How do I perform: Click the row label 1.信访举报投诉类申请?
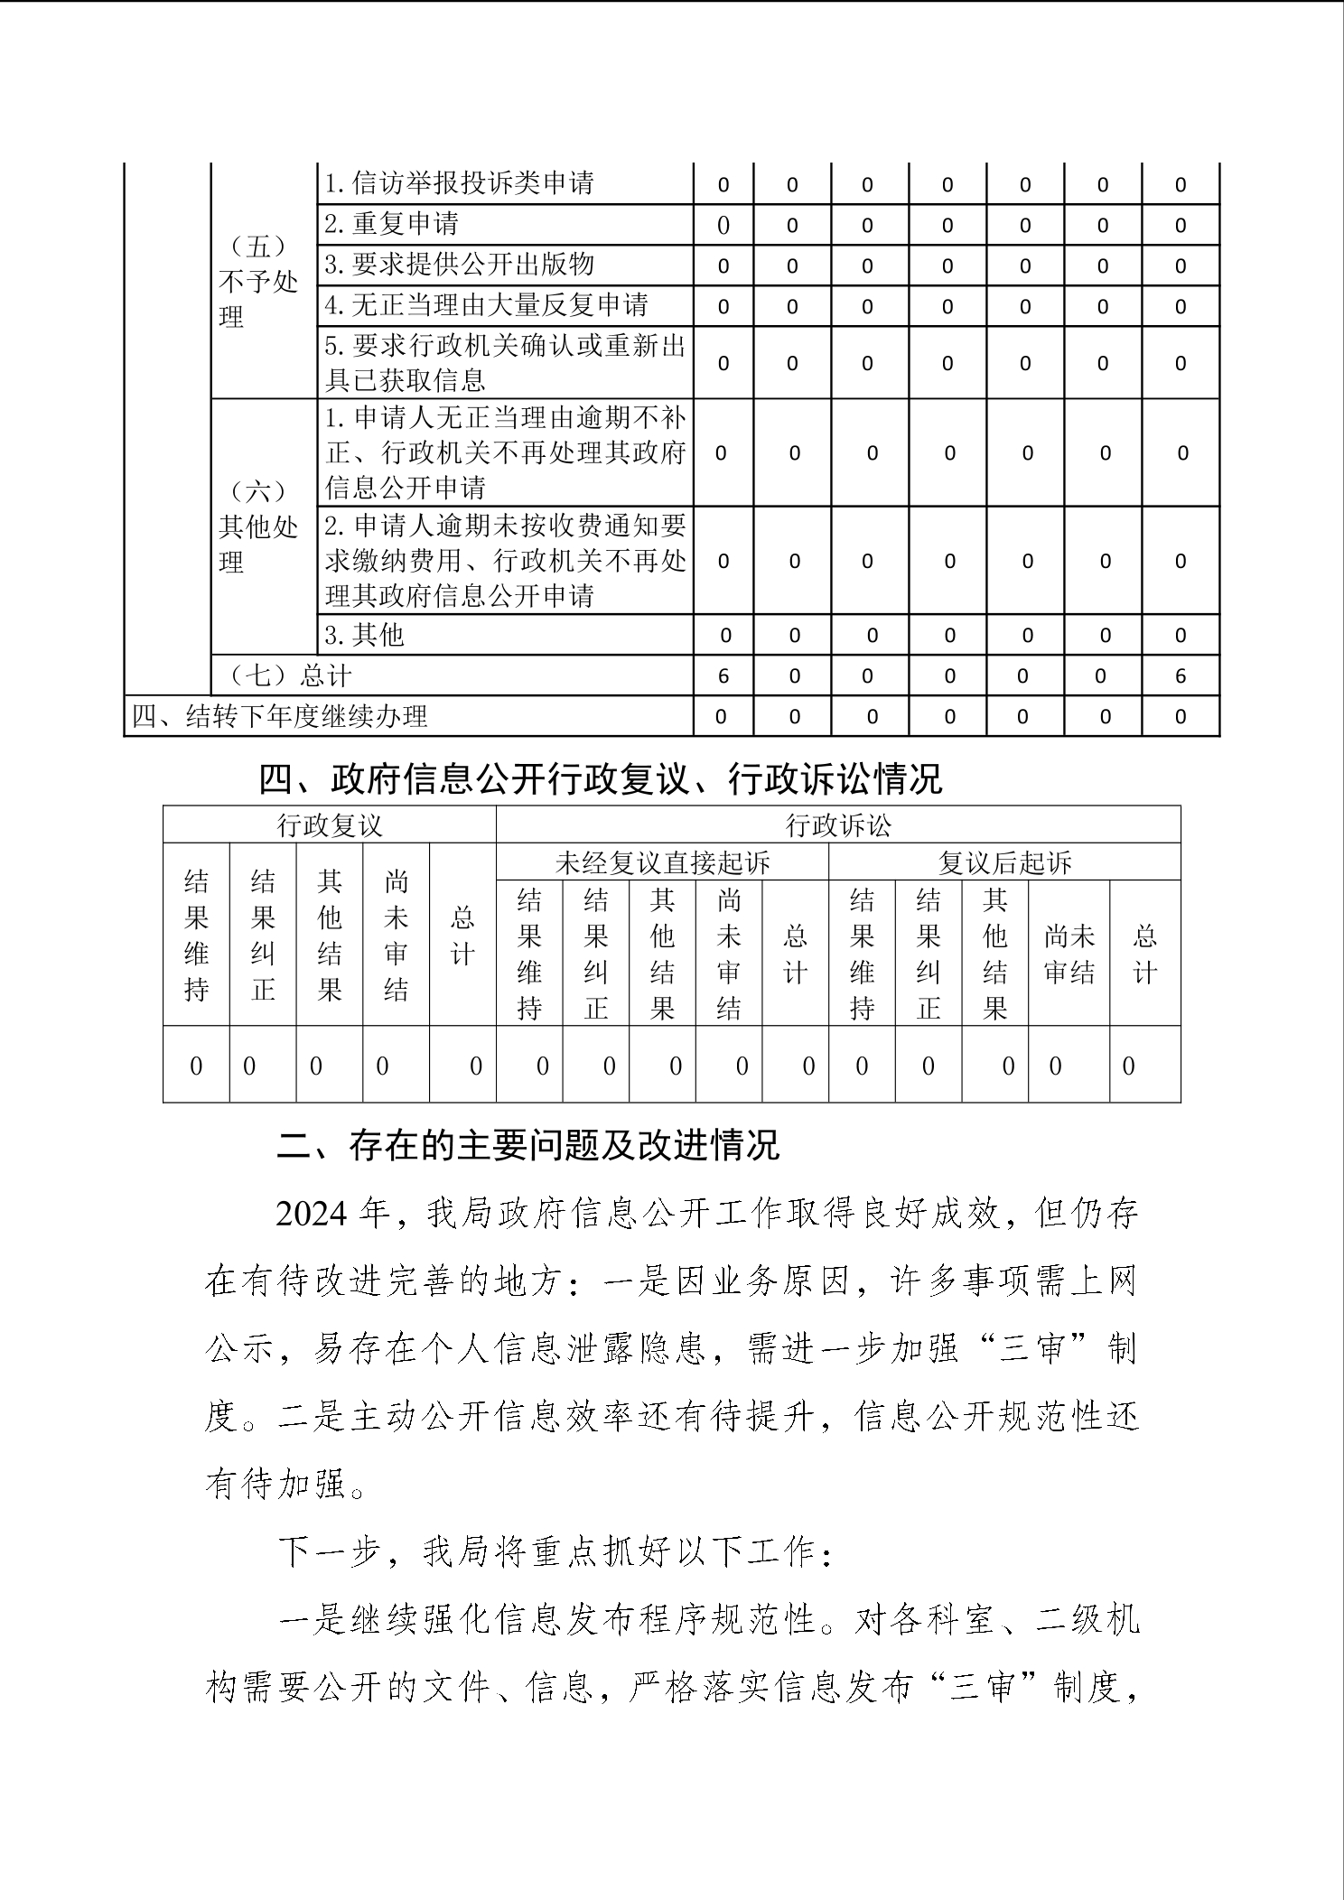[459, 183]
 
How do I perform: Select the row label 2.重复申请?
[391, 224]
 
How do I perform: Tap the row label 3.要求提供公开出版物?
[459, 265]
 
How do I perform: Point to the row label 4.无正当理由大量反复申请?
[486, 305]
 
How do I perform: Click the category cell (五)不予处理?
[258, 282]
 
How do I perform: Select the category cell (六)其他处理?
[258, 526]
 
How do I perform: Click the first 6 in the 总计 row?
[723, 676]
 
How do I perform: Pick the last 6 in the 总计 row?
[1181, 676]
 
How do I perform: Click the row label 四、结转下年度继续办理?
[280, 717]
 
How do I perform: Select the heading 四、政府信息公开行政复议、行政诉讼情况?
[601, 778]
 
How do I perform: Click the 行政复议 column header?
[330, 825]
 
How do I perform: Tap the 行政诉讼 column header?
[838, 825]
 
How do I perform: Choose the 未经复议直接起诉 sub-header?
[662, 863]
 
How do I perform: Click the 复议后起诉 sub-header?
[1004, 863]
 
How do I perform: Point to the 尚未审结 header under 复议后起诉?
[1069, 954]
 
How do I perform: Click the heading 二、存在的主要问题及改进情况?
[527, 1146]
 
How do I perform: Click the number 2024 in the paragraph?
[313, 1215]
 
